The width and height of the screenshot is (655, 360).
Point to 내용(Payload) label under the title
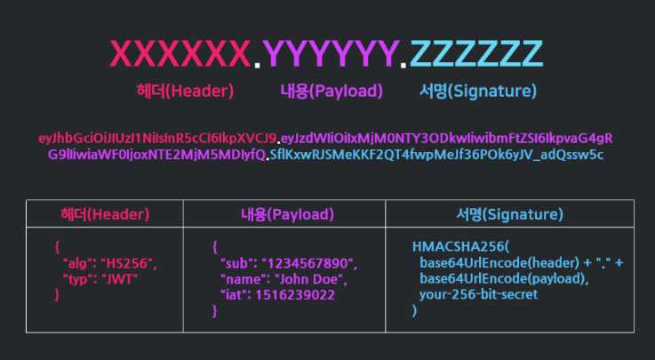[331, 92]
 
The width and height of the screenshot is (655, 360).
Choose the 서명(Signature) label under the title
[478, 92]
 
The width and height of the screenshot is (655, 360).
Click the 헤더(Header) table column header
[105, 214]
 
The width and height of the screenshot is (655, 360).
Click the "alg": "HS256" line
[109, 264]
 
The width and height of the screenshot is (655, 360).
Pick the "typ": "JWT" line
[101, 278]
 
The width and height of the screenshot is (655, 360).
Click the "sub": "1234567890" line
[288, 264]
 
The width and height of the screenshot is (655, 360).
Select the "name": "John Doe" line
[284, 280]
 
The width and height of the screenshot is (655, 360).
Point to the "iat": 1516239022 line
[278, 295]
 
